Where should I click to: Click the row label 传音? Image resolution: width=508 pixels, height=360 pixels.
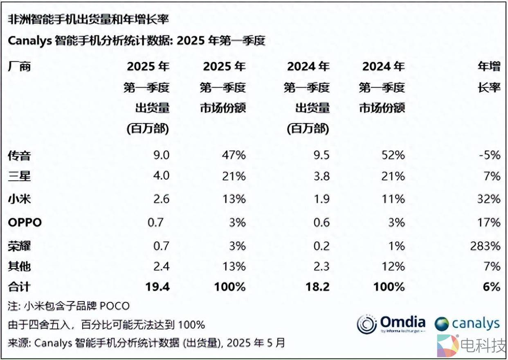click(x=19, y=156)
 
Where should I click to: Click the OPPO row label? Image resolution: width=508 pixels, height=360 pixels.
click(x=25, y=223)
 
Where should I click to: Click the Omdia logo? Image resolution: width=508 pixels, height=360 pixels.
click(x=391, y=324)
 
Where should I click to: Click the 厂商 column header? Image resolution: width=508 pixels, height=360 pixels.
click(x=19, y=66)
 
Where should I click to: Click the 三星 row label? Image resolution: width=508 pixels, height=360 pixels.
click(x=19, y=176)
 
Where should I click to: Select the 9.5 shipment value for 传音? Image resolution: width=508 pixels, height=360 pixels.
click(x=321, y=155)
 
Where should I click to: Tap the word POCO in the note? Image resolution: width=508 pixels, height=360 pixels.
click(x=115, y=306)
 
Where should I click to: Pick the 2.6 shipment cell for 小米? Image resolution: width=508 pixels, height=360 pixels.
click(x=160, y=199)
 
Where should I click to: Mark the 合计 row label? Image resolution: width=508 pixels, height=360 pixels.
click(x=19, y=286)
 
